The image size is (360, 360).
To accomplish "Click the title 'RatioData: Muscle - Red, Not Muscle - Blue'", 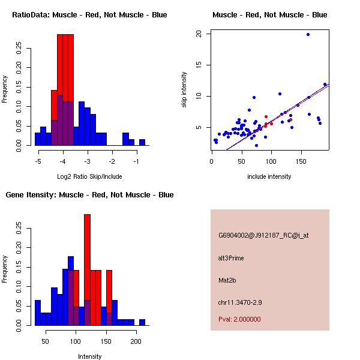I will click(89, 14).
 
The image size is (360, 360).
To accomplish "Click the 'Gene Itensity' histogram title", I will click(89, 194).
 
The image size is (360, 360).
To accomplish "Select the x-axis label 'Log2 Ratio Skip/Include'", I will click(89, 176).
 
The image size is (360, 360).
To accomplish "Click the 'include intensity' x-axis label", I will click(269, 176).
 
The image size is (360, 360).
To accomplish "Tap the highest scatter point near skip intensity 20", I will click(308, 34).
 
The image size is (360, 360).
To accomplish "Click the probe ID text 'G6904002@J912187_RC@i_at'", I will click(263, 236).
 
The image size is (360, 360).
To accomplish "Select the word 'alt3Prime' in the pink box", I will click(231, 258).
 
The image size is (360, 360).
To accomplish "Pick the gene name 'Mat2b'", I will click(227, 280).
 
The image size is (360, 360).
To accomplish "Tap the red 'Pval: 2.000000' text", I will click(239, 319).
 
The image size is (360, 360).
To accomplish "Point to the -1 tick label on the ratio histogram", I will click(136, 161).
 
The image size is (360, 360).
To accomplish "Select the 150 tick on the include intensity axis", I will click(301, 161).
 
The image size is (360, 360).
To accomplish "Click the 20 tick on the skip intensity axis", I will click(199, 34).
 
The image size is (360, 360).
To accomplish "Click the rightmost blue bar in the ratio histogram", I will click(142, 142).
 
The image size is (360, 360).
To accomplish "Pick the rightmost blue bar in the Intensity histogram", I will click(142, 322).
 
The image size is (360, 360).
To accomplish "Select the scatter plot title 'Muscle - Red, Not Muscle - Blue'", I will click(269, 14).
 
